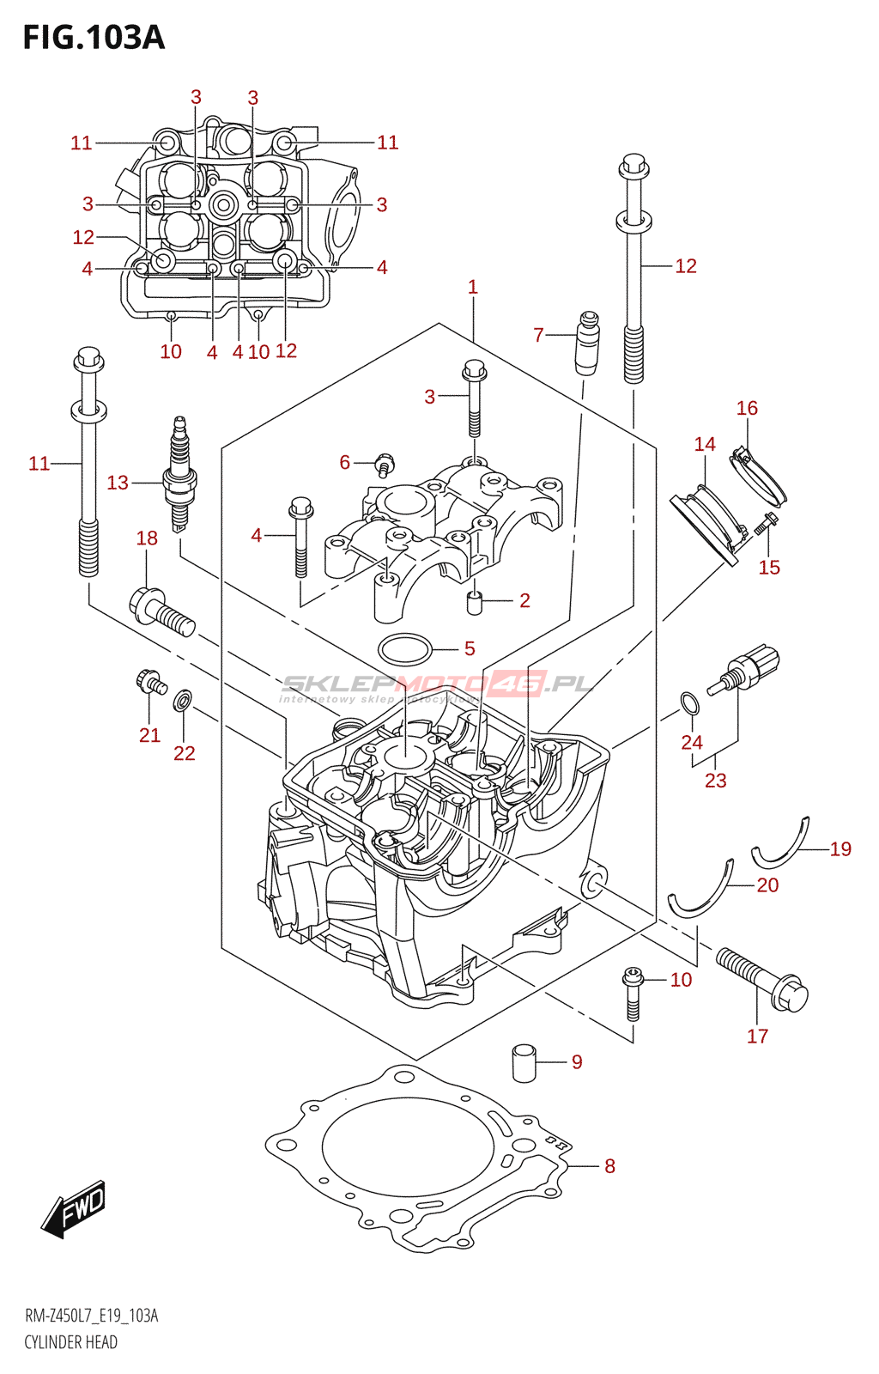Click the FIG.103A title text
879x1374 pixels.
pyautogui.click(x=94, y=38)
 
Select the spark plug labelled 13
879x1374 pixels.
pyautogui.click(x=180, y=473)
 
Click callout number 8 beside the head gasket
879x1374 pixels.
pyautogui.click(x=609, y=1167)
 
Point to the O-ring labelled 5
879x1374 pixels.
pyautogui.click(x=404, y=648)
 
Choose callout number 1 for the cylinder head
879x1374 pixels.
pyautogui.click(x=473, y=287)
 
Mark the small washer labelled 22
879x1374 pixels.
pyautogui.click(x=183, y=699)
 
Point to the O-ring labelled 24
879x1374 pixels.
pyautogui.click(x=689, y=703)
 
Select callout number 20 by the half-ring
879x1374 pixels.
pyautogui.click(x=767, y=885)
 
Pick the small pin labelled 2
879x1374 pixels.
pyautogui.click(x=475, y=602)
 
